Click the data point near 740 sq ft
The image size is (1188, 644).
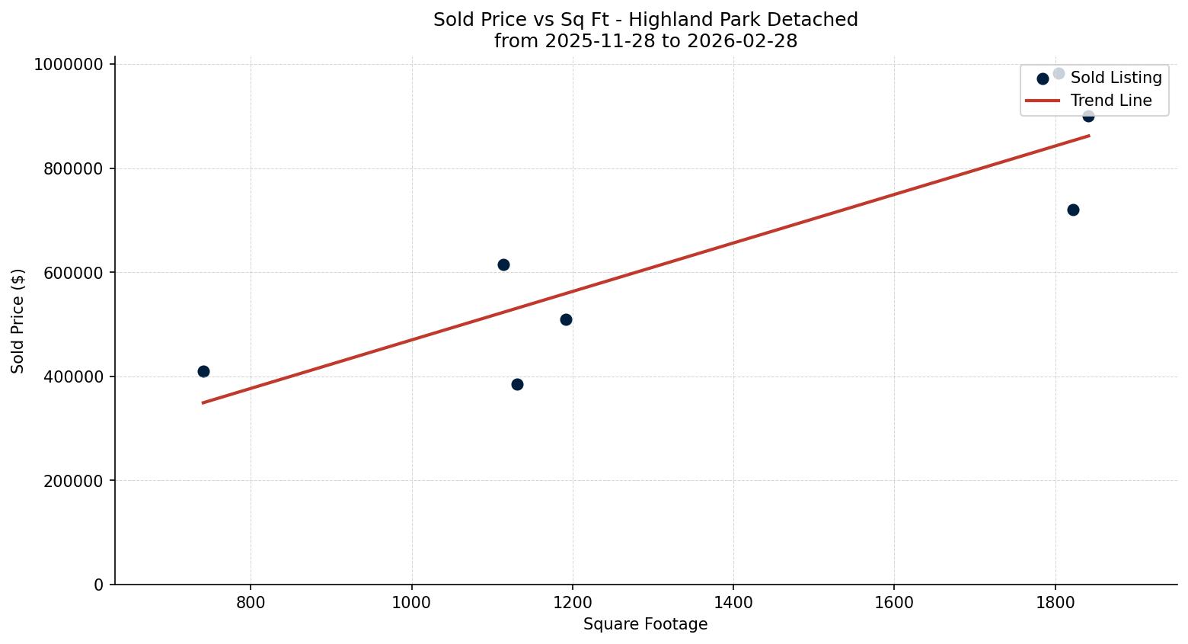pos(203,371)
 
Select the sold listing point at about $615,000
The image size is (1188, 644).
pos(503,264)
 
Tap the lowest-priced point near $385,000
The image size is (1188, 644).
pos(517,384)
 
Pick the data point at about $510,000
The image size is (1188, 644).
pos(566,319)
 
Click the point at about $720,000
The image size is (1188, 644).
pos(1073,210)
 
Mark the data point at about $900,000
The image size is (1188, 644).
pos(1088,116)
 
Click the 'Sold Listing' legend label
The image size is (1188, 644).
pos(1116,78)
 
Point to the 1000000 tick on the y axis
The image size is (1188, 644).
pos(69,65)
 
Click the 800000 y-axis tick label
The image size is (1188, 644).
pos(72,168)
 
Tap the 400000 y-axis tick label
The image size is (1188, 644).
pos(72,376)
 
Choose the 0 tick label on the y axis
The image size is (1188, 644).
pos(98,585)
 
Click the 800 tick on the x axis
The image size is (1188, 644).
pos(251,603)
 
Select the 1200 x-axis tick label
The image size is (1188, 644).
pos(572,603)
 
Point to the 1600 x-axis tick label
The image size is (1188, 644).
pos(893,603)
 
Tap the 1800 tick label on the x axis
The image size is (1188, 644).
pos(1055,603)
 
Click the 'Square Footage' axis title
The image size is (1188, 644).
pos(645,625)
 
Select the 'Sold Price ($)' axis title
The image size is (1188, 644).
pos(18,321)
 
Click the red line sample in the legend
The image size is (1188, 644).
pos(1043,101)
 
